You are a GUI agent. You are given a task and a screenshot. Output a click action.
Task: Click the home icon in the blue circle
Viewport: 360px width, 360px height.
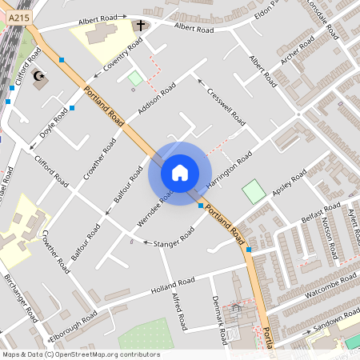coord(180,173)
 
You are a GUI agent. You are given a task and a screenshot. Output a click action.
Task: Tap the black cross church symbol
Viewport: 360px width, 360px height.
coord(141,26)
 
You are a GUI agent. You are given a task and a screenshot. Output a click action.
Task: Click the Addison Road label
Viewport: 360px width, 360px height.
coord(156,101)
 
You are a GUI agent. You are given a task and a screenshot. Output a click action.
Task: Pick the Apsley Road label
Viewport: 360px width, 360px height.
coord(289,184)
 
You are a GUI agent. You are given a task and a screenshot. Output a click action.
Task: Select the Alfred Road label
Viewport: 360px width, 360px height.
coord(178,311)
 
